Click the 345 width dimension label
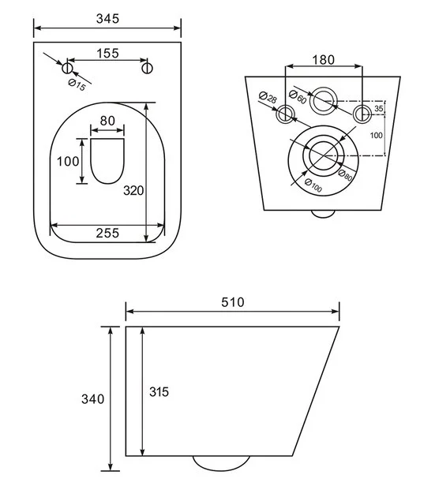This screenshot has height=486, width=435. coord(107,19)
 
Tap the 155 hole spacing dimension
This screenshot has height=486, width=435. coord(107,54)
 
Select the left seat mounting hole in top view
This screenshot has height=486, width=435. coord(67,68)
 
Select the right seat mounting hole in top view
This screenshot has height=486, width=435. coord(148,68)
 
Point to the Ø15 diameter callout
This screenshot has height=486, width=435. coord(77,84)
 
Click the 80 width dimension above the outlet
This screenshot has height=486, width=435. coord(107,121)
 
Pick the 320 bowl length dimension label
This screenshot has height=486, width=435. coord(133,190)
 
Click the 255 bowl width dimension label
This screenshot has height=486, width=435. coord(107,233)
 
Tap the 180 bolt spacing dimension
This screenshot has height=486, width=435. coord(323,60)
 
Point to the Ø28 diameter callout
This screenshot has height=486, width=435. coord(268,97)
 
